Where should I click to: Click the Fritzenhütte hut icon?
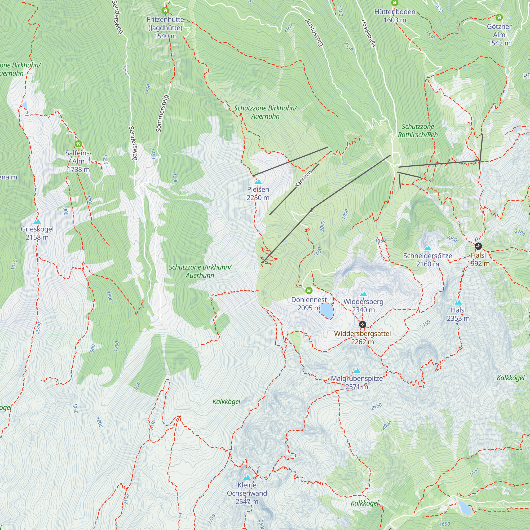(x=165, y=11)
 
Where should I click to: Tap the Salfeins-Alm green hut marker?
(x=78, y=144)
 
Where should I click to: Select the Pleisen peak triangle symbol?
(x=258, y=182)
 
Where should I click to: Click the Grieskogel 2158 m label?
(x=37, y=233)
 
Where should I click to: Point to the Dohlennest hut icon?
(x=309, y=290)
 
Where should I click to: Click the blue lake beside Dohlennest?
(x=327, y=311)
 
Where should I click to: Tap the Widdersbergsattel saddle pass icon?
(x=362, y=325)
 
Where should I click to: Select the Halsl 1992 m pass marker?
(x=478, y=246)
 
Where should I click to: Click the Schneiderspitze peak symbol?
(x=428, y=249)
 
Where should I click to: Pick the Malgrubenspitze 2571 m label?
(x=357, y=382)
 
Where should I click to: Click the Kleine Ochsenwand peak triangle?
(x=247, y=477)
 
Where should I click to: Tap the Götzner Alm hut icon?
(x=499, y=17)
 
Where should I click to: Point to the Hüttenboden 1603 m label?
(x=395, y=16)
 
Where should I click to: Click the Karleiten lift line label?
(x=303, y=179)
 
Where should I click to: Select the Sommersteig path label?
(x=162, y=113)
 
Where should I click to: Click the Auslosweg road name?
(x=314, y=32)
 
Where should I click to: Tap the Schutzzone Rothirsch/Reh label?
(x=418, y=131)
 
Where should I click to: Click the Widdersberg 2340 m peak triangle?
(x=364, y=294)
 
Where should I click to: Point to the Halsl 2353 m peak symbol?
(x=458, y=303)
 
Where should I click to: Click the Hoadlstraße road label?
(x=368, y=33)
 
